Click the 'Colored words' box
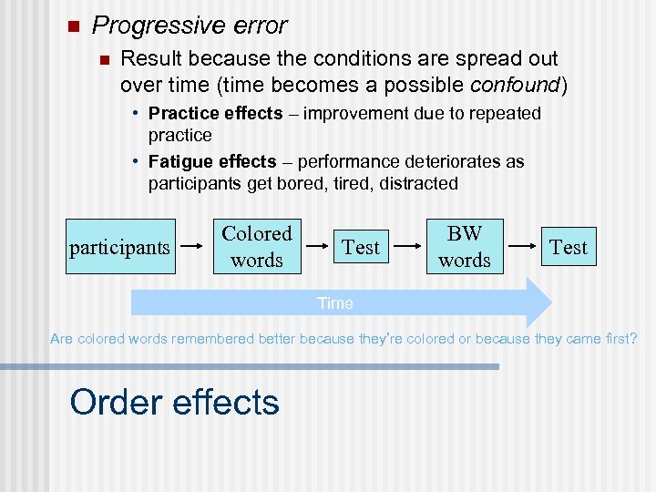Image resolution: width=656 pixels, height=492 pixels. tap(257, 247)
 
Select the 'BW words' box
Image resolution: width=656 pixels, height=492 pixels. tap(465, 247)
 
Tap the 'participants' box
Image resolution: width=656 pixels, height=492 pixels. tap(119, 247)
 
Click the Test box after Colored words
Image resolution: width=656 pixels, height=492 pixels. tap(361, 247)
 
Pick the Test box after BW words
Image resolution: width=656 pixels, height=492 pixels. tap(569, 247)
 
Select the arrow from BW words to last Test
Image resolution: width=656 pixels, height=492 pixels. tap(522, 247)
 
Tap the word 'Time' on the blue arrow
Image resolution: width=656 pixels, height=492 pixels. tap(334, 303)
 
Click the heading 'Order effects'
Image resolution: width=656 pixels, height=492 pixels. tap(174, 402)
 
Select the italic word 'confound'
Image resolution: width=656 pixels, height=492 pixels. tap(516, 86)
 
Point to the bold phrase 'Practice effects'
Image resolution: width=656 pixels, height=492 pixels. tap(216, 113)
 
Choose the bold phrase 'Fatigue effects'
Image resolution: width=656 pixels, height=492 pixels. tap(212, 161)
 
